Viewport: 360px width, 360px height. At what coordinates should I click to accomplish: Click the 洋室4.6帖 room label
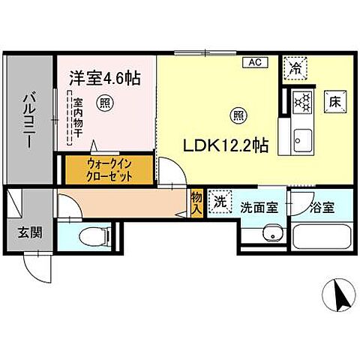pos(107,77)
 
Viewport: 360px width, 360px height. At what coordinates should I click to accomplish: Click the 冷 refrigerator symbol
pos(294,67)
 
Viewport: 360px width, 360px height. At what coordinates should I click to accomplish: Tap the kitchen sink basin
pos(303,139)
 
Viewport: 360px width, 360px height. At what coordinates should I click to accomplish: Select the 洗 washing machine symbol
pos(220,203)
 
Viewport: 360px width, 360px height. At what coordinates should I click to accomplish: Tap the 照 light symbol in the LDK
pos(238,115)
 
